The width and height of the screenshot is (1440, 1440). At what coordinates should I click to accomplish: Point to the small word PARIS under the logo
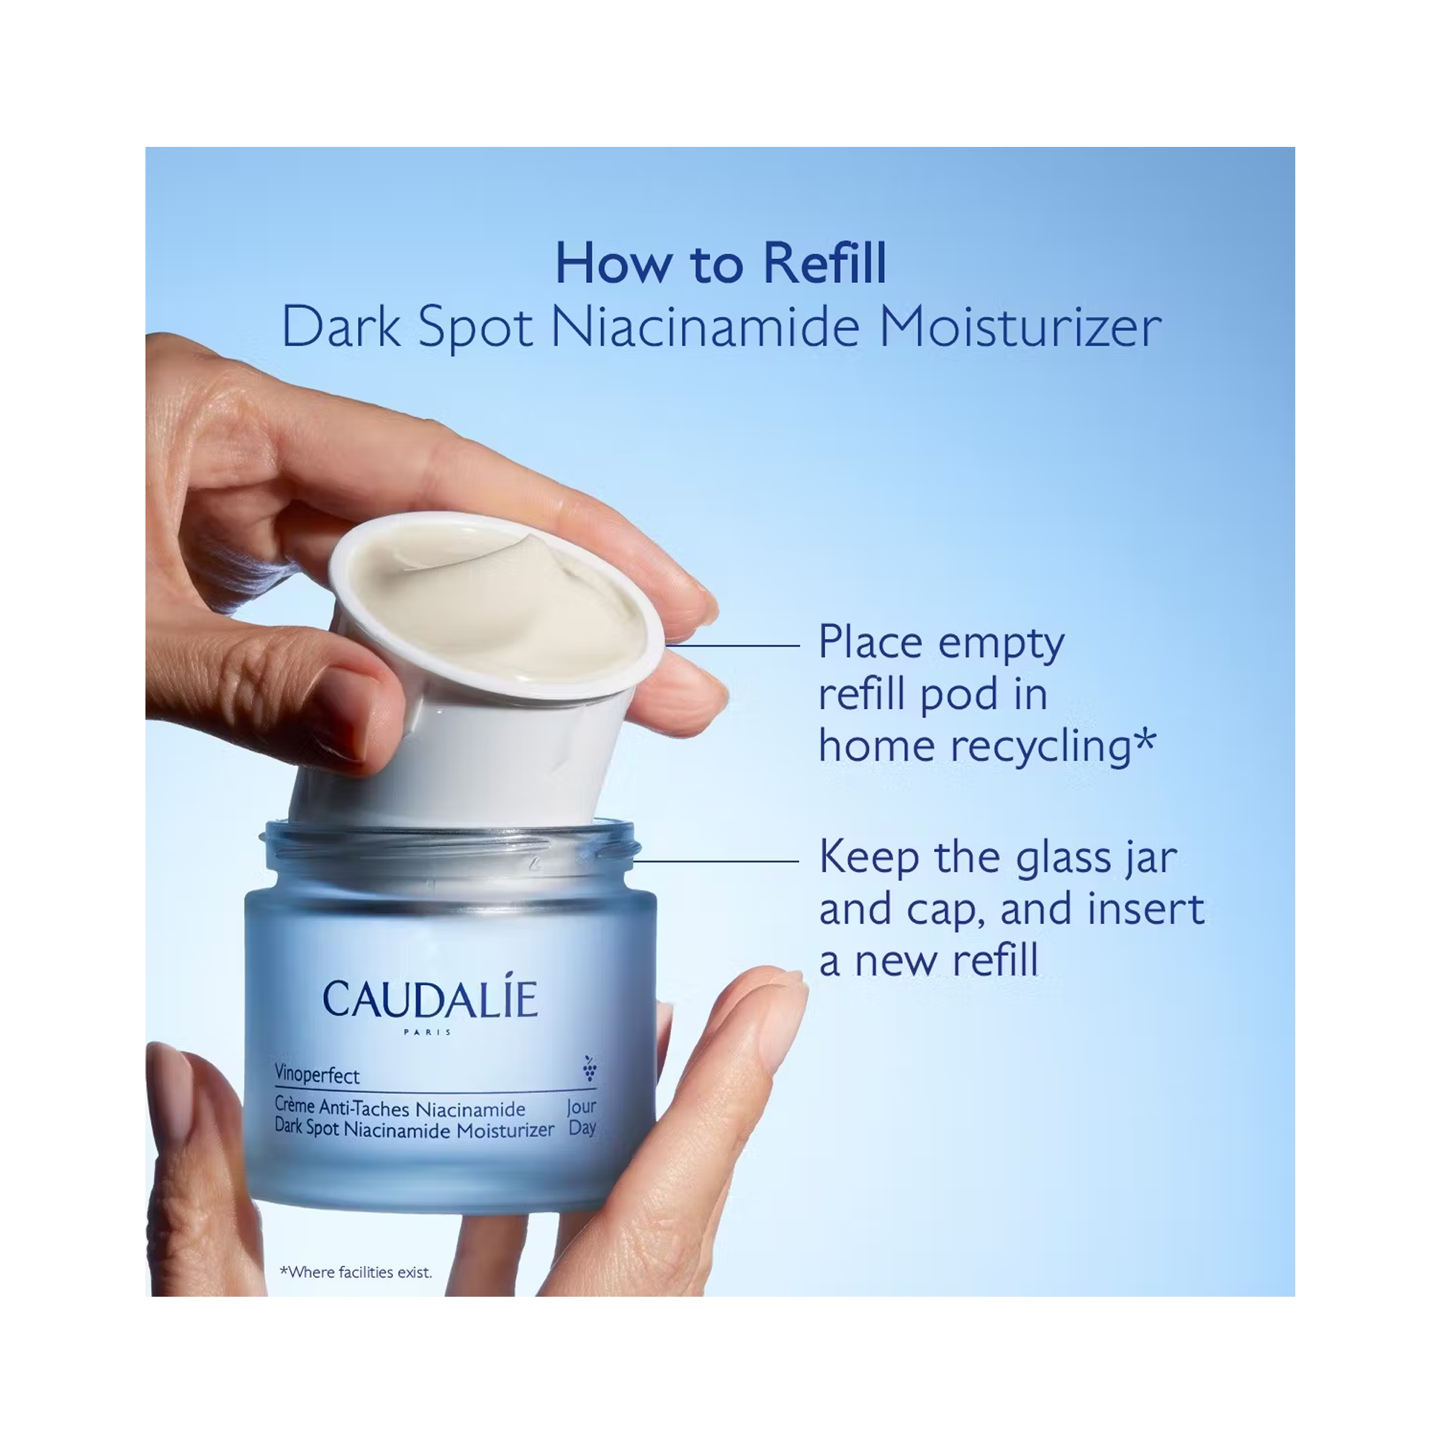click(x=427, y=1032)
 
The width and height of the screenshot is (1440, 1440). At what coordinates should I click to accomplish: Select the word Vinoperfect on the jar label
click(x=317, y=1074)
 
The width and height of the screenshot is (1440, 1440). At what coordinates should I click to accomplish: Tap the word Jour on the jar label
click(x=581, y=1107)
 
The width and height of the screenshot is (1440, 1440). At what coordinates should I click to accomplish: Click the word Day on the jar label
click(x=582, y=1128)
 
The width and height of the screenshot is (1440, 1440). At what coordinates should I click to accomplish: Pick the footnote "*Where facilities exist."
click(x=356, y=1272)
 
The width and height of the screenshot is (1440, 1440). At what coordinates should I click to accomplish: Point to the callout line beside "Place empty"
click(x=733, y=645)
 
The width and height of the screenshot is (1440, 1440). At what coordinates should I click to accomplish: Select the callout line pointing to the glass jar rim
click(x=716, y=861)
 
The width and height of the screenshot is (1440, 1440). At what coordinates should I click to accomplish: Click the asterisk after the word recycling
click(x=1144, y=741)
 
